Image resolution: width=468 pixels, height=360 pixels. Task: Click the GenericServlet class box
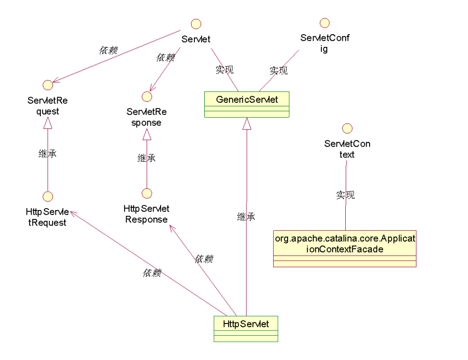pos(246,104)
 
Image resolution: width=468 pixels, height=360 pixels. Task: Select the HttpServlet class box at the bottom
pos(245,329)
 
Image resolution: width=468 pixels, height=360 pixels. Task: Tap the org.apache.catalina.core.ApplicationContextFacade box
pos(344,249)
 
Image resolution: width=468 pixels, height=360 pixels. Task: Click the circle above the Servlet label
pos(196,23)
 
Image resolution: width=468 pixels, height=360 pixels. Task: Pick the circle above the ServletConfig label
pos(324,22)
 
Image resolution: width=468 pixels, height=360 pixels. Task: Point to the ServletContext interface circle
pos(347,128)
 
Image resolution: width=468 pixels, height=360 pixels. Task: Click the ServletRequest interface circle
pos(47,85)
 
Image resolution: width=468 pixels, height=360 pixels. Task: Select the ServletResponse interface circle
pos(147,96)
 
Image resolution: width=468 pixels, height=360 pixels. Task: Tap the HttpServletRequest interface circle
pos(48,196)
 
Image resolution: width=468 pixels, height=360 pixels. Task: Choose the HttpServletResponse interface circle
pos(147,193)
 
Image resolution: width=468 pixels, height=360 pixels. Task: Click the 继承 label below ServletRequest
pos(47,154)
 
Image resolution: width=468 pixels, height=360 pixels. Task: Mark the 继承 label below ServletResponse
pos(147,158)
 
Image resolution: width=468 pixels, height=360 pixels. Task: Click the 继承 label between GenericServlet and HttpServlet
pos(246,216)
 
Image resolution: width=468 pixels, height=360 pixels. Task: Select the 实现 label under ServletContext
pos(346,195)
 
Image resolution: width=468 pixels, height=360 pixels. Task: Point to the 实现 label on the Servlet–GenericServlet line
pos(224,70)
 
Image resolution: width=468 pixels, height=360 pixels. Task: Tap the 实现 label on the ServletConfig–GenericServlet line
pos(278,71)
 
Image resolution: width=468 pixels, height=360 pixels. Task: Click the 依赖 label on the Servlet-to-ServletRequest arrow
pos(108,50)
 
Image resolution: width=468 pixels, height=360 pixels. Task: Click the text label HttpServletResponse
pos(147,214)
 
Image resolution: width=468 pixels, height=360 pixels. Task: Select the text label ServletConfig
pos(324,43)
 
